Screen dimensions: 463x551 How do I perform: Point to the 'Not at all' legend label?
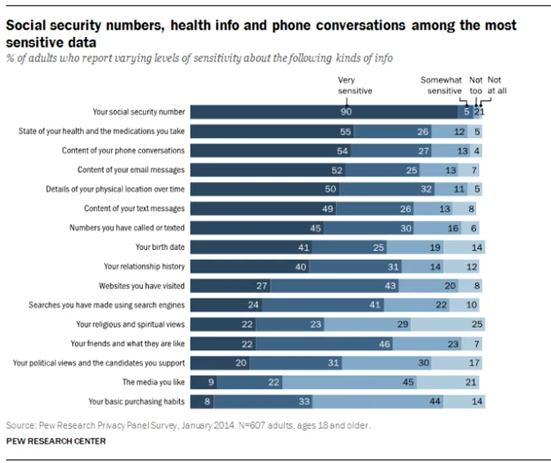click(x=495, y=86)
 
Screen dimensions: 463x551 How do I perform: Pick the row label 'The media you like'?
click(x=153, y=382)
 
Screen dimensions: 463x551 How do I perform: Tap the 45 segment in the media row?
click(x=409, y=382)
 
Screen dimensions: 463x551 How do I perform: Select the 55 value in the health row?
click(x=345, y=132)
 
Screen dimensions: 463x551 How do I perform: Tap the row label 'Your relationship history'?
click(x=144, y=267)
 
